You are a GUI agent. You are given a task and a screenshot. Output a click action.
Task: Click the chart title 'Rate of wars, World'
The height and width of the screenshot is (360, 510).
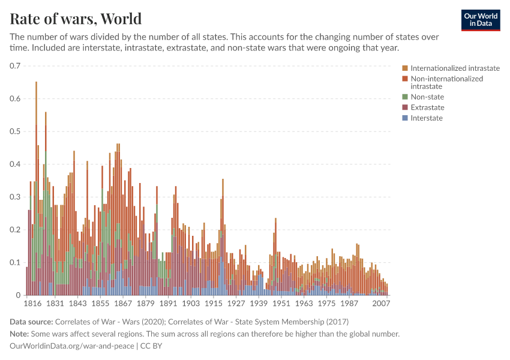76,18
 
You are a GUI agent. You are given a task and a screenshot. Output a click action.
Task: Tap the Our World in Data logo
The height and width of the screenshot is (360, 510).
480,20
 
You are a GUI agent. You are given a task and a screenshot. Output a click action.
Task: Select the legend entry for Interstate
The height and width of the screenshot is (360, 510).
426,118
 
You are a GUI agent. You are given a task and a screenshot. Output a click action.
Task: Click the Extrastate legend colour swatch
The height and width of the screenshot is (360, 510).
405,107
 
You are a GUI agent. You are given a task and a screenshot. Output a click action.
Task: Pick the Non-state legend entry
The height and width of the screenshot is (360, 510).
427,97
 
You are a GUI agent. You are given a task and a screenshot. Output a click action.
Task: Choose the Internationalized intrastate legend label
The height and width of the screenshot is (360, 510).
455,68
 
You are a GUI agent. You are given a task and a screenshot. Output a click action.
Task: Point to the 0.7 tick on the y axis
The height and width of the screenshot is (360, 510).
15,66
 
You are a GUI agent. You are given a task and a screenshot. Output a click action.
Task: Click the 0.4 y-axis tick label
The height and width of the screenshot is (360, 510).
15,164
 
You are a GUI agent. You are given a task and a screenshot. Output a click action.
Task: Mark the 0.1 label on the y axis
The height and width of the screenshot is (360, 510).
15,263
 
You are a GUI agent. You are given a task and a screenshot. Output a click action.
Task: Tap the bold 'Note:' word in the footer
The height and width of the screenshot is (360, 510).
21,334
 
